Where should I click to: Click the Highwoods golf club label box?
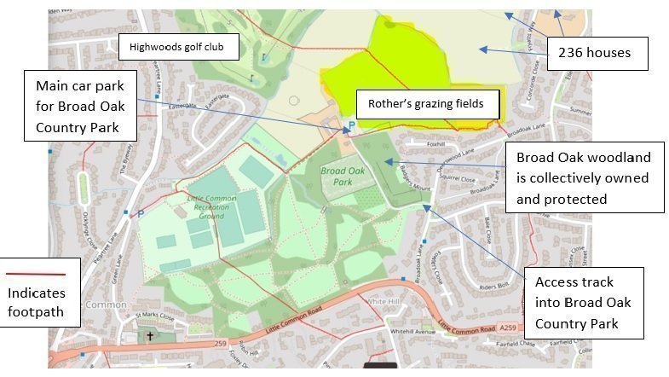(177, 47)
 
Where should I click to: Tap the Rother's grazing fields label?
(425, 104)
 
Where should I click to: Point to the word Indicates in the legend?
(35, 293)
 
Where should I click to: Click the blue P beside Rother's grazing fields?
(348, 128)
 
